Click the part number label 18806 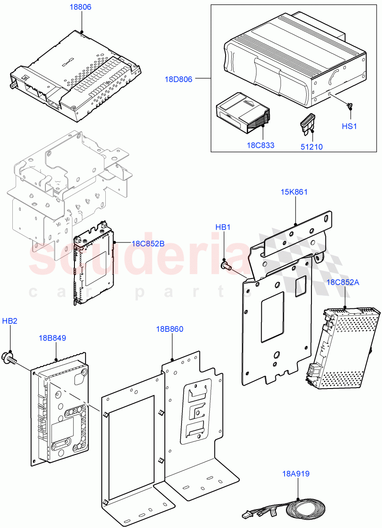(x=80, y=7)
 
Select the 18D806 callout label (x=178, y=79)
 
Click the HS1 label (x=349, y=126)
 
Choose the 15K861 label (x=294, y=192)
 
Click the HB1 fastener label (x=223, y=227)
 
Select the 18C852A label (x=343, y=282)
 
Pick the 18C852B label (x=148, y=243)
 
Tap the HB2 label (x=10, y=321)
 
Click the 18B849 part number (x=52, y=338)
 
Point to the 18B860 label (x=170, y=329)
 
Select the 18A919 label (x=296, y=474)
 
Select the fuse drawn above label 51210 (x=307, y=123)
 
